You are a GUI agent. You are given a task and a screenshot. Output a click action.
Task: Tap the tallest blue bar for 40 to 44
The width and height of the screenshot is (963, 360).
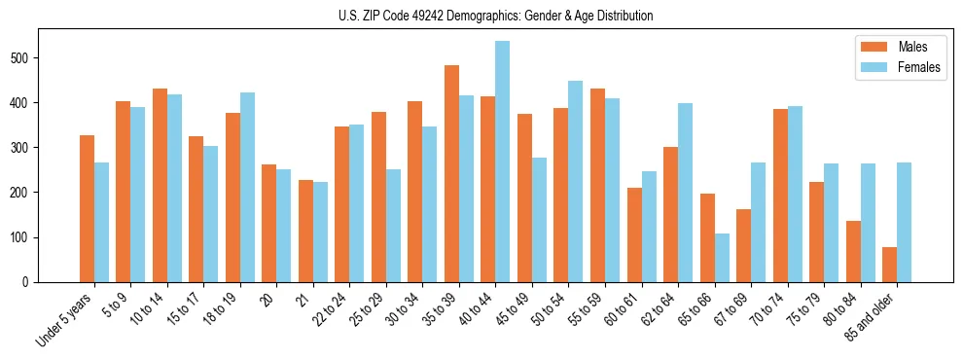coord(503,162)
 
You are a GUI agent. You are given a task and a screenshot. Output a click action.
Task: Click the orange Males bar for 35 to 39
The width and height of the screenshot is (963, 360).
coord(451,174)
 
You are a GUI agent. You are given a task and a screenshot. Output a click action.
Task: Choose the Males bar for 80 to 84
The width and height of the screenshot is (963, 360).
coord(853,252)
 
